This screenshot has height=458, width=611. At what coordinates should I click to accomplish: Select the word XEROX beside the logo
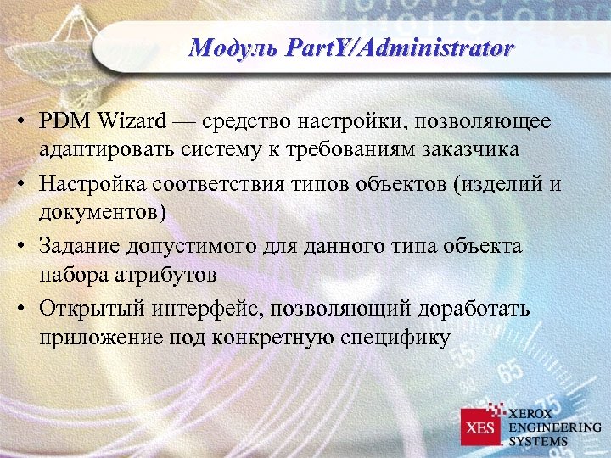pyautogui.click(x=533, y=413)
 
